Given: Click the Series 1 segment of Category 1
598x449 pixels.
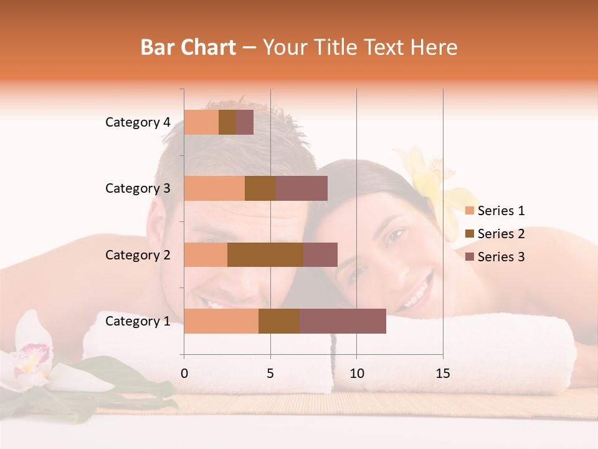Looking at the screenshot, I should [x=221, y=321].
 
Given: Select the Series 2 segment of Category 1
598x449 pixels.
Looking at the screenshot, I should [x=279, y=321].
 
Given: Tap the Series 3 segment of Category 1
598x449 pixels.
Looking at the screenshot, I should [x=343, y=321].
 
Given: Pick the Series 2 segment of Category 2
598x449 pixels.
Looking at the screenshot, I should [x=265, y=254].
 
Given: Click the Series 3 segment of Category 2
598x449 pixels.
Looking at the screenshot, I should [x=320, y=254].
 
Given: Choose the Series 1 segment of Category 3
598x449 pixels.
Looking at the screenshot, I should [x=214, y=188].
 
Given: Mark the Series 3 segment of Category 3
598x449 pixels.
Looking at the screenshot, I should [x=301, y=188].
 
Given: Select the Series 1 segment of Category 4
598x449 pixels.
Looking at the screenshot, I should [x=201, y=122].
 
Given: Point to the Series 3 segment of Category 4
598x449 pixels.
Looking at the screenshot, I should [x=245, y=122].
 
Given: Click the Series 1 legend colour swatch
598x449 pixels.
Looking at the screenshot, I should [x=469, y=211].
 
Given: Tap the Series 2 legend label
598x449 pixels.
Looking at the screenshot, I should [x=501, y=234].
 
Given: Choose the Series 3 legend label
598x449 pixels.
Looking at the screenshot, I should [x=501, y=257].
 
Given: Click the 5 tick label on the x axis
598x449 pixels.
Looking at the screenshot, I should [x=270, y=374].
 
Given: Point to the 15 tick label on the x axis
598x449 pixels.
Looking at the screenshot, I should [x=442, y=374].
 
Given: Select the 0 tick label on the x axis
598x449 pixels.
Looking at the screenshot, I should [x=184, y=374].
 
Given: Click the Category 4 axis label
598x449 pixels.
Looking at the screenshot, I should [x=138, y=122].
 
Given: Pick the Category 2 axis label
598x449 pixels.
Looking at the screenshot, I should [x=138, y=254].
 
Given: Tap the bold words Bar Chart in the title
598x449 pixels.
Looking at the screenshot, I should [x=188, y=47].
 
